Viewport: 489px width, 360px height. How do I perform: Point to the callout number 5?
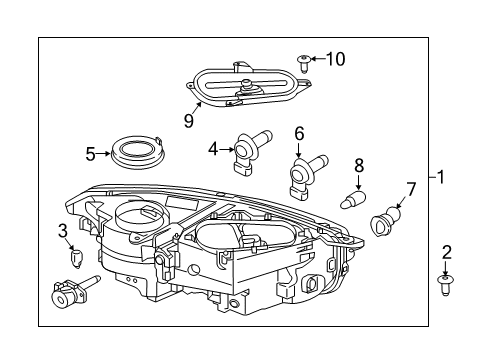(91, 154)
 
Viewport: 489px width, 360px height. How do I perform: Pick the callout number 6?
(299, 133)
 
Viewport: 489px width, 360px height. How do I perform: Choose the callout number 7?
(410, 188)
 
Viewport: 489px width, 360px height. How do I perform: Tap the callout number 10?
(335, 59)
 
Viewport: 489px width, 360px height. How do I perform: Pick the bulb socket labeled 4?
(250, 148)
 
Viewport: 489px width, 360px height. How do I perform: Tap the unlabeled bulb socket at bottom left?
(70, 296)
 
